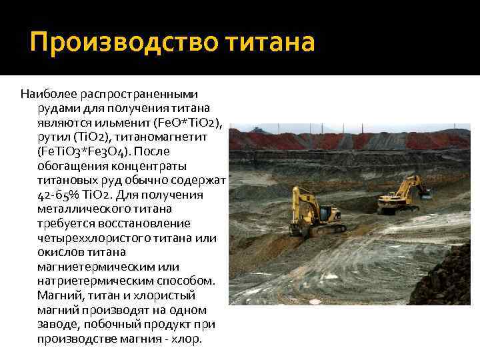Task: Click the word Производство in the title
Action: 117,44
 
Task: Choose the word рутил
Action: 53,137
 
